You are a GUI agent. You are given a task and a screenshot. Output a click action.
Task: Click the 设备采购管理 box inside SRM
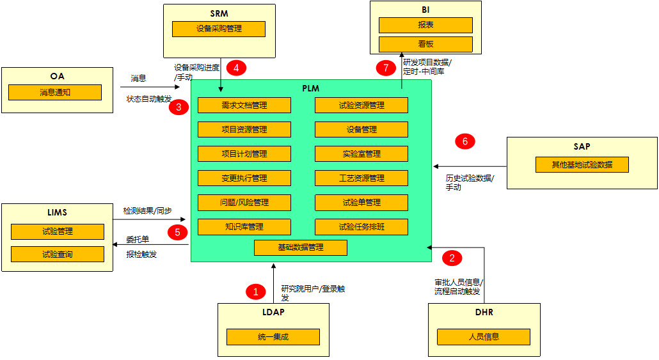click(219, 29)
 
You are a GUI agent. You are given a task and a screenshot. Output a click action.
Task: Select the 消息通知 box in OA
click(55, 92)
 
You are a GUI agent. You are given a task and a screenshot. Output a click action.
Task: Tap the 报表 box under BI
click(425, 25)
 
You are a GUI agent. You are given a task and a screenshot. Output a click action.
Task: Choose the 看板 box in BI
click(425, 44)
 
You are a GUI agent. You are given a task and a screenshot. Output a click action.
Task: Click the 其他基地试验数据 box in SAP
click(582, 164)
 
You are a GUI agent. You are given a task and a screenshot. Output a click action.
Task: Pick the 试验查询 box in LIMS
click(58, 254)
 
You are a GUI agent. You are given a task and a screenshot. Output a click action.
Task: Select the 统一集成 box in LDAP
click(273, 336)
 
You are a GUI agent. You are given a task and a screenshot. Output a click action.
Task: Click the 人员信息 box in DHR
click(484, 336)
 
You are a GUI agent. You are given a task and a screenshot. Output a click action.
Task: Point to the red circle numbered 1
click(255, 292)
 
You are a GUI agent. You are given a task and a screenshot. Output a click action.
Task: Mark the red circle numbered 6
click(465, 142)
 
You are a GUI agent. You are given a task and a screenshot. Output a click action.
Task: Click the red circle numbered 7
click(386, 68)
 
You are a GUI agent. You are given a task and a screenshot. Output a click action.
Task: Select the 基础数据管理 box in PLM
click(301, 247)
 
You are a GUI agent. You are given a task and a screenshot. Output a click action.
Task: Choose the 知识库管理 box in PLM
click(244, 226)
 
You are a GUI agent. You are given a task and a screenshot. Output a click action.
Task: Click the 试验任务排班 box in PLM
click(361, 226)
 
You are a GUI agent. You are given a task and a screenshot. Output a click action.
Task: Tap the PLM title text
click(311, 88)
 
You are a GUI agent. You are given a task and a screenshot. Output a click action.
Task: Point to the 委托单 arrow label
click(138, 240)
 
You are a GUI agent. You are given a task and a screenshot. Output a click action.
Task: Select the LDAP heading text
click(273, 313)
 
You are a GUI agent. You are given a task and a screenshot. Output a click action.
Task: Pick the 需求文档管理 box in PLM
click(244, 105)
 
